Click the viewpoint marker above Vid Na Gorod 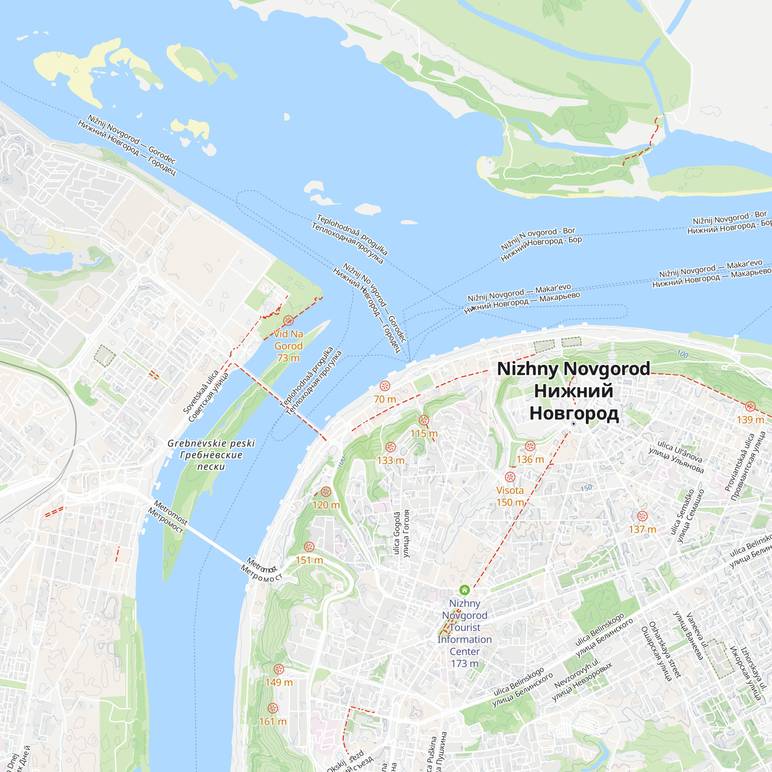(x=288, y=320)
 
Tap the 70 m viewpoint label (x=385, y=399)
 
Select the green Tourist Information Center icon (x=464, y=590)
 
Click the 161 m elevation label (x=273, y=722)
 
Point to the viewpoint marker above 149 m (x=279, y=669)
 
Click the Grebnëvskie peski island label (x=211, y=455)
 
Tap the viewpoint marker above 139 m (x=750, y=407)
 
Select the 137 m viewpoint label (x=642, y=530)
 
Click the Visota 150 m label (x=510, y=496)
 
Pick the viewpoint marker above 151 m (x=309, y=547)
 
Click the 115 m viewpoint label (x=423, y=433)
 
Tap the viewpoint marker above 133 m (x=390, y=447)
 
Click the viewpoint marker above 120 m (x=326, y=491)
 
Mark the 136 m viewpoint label (x=530, y=459)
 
